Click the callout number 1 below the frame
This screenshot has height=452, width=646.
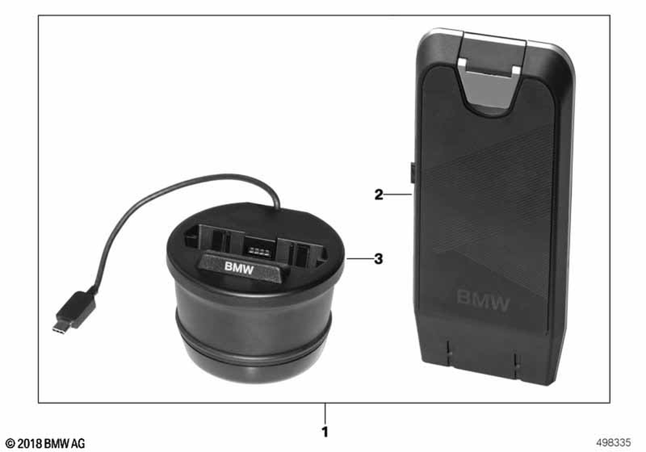click(325, 432)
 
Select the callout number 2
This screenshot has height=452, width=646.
click(378, 194)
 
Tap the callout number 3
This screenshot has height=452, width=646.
click(378, 259)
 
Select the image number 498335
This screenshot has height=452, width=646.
click(613, 442)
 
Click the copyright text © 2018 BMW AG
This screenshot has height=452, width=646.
click(46, 444)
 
